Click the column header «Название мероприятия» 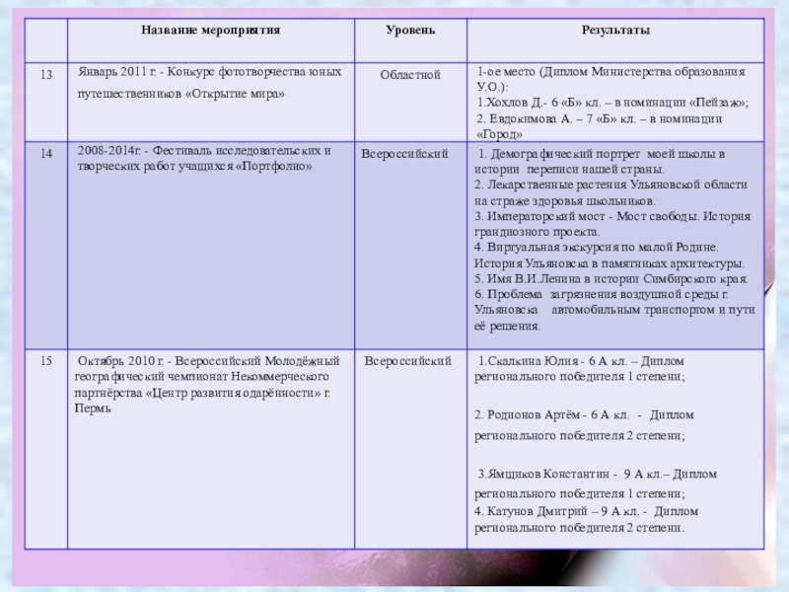click(210, 31)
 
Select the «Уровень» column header click(408, 31)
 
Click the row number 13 click(45, 75)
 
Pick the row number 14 click(45, 154)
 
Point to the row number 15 click(45, 361)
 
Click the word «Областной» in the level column click(410, 75)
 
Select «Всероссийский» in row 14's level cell click(405, 154)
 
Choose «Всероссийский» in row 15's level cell click(408, 361)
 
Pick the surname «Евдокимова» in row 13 click(524, 118)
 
